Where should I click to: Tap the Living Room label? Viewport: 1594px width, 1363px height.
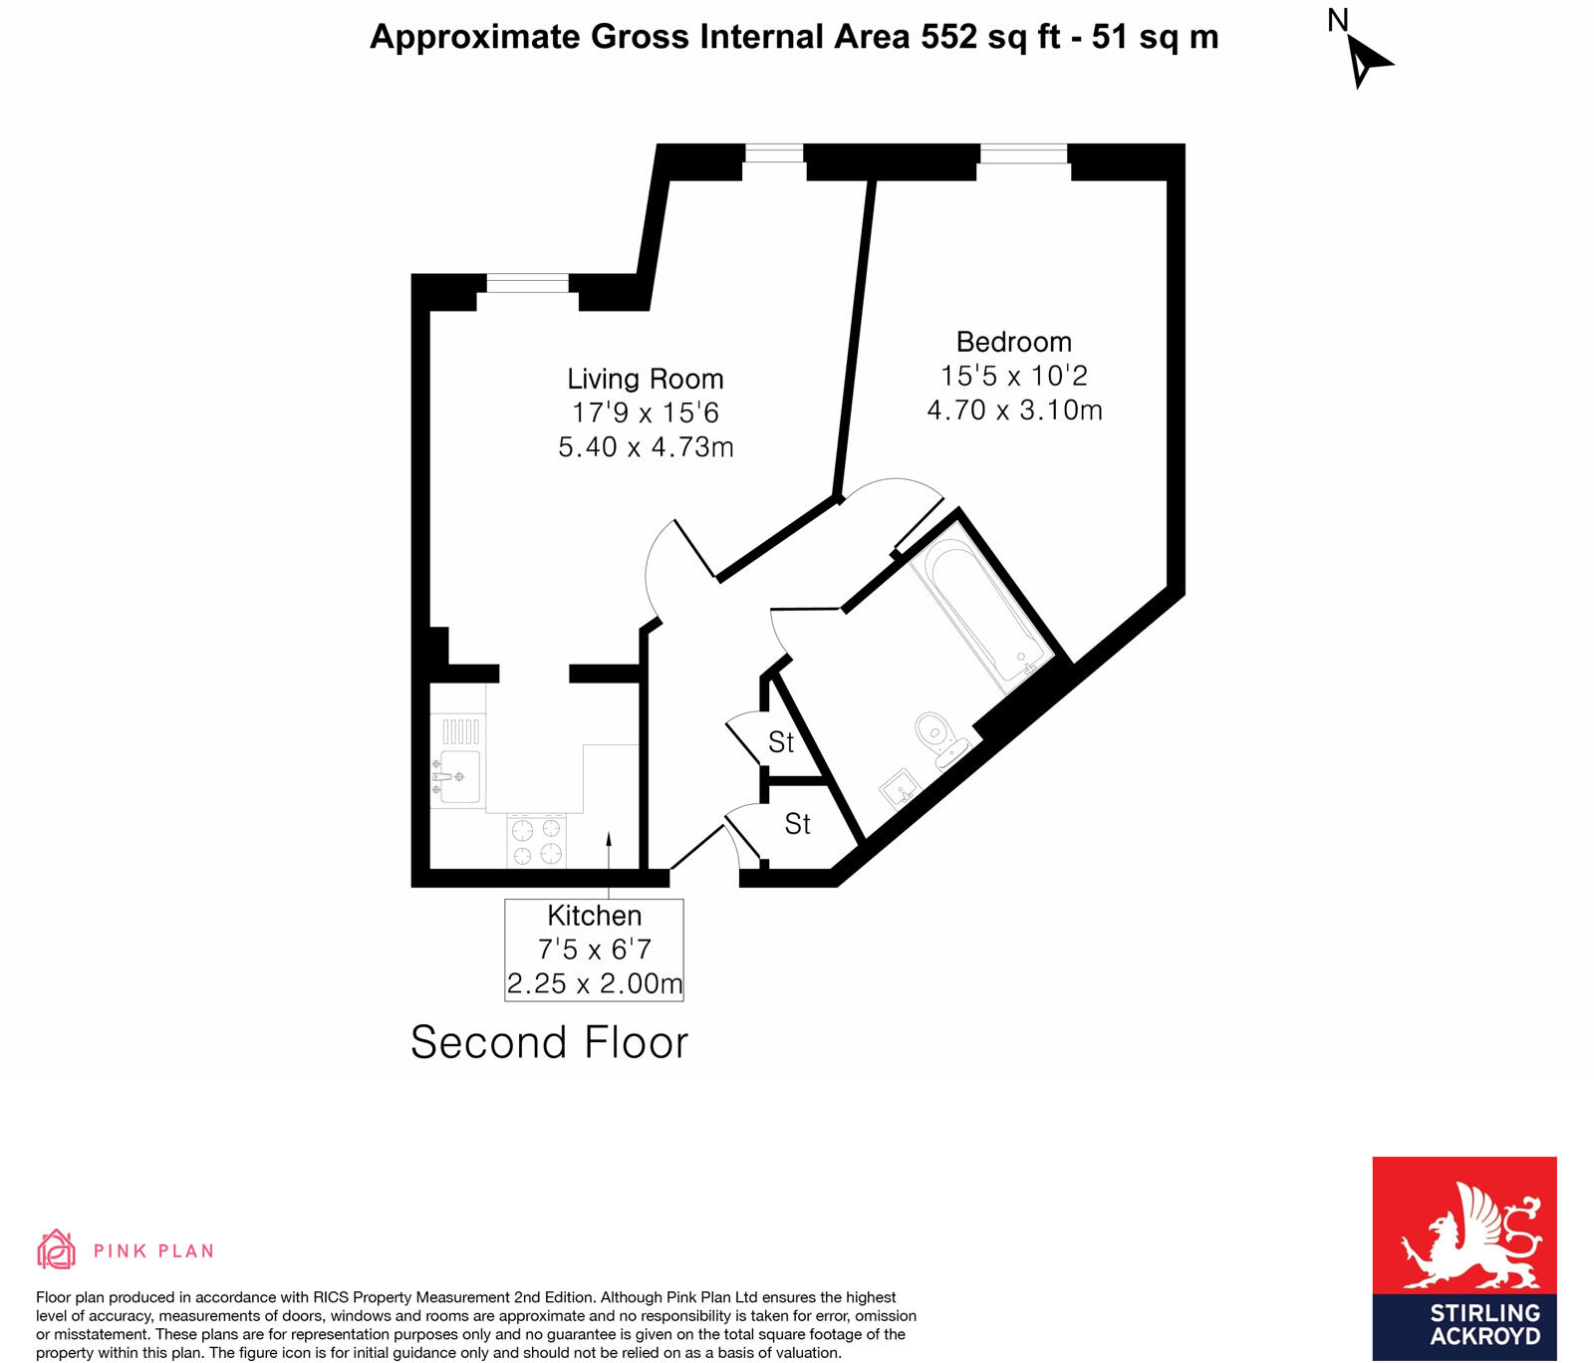pyautogui.click(x=645, y=379)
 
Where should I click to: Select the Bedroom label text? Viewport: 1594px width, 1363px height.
pyautogui.click(x=1013, y=342)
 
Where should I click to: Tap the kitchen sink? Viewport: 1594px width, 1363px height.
pyautogui.click(x=458, y=776)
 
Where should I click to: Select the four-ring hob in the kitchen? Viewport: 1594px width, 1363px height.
pyautogui.click(x=536, y=841)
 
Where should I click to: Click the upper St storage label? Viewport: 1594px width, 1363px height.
pyautogui.click(x=781, y=742)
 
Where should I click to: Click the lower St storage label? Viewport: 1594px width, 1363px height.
pyautogui.click(x=797, y=824)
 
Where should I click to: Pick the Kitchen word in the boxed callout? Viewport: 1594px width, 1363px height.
pyautogui.click(x=594, y=916)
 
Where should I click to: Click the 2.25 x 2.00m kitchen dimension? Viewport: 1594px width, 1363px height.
pyautogui.click(x=594, y=983)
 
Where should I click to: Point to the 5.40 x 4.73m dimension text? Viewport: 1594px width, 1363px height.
pyautogui.click(x=646, y=446)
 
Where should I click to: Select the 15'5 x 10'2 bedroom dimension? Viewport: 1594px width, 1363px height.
pyautogui.click(x=1013, y=376)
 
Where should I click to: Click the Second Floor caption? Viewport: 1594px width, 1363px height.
pyautogui.click(x=549, y=1042)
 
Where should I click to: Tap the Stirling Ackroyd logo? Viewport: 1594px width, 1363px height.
pyautogui.click(x=1463, y=1257)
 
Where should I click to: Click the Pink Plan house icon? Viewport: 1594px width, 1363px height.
pyautogui.click(x=56, y=1249)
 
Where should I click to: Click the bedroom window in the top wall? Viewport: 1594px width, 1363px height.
pyautogui.click(x=1023, y=153)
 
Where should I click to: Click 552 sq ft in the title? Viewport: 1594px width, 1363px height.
pyautogui.click(x=990, y=37)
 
